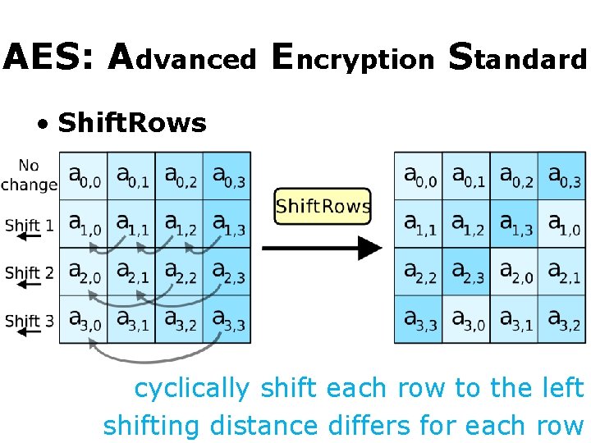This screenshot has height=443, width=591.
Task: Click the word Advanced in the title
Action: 182,57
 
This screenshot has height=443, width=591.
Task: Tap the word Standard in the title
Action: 518,57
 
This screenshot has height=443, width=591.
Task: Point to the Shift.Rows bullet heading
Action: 132,123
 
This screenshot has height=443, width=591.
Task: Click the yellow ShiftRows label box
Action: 323,205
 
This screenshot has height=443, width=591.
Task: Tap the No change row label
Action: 29,175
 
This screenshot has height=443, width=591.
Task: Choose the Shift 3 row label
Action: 29,321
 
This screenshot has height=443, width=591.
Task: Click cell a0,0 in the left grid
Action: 84,176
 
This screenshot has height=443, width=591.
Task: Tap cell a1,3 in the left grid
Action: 227,223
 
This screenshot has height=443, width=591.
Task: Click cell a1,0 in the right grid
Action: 562,223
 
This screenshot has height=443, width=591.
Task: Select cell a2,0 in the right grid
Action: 515,272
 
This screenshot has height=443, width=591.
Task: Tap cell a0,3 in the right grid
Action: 562,176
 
